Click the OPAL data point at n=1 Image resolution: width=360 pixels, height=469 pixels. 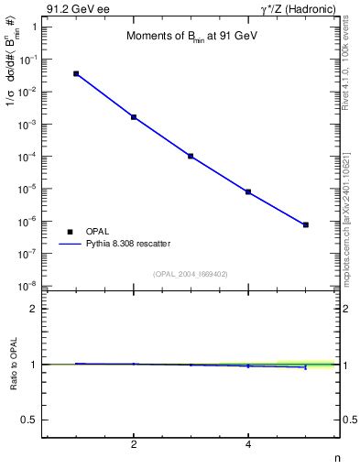pos(76,73)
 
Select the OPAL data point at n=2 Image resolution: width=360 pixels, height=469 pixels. pos(134,117)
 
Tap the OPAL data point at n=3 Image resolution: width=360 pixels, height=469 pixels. pos(191,156)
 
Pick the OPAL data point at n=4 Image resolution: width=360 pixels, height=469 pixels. pos(248,191)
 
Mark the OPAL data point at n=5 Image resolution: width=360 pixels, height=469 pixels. pos(305,224)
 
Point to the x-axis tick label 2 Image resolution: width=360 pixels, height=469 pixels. pos(134,445)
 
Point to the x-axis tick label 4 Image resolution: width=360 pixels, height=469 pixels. pos(248,445)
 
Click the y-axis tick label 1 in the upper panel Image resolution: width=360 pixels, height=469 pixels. pos(33,27)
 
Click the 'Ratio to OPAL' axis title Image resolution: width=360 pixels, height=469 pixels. pos(14,365)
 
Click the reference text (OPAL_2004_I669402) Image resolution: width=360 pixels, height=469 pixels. pos(191,273)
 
